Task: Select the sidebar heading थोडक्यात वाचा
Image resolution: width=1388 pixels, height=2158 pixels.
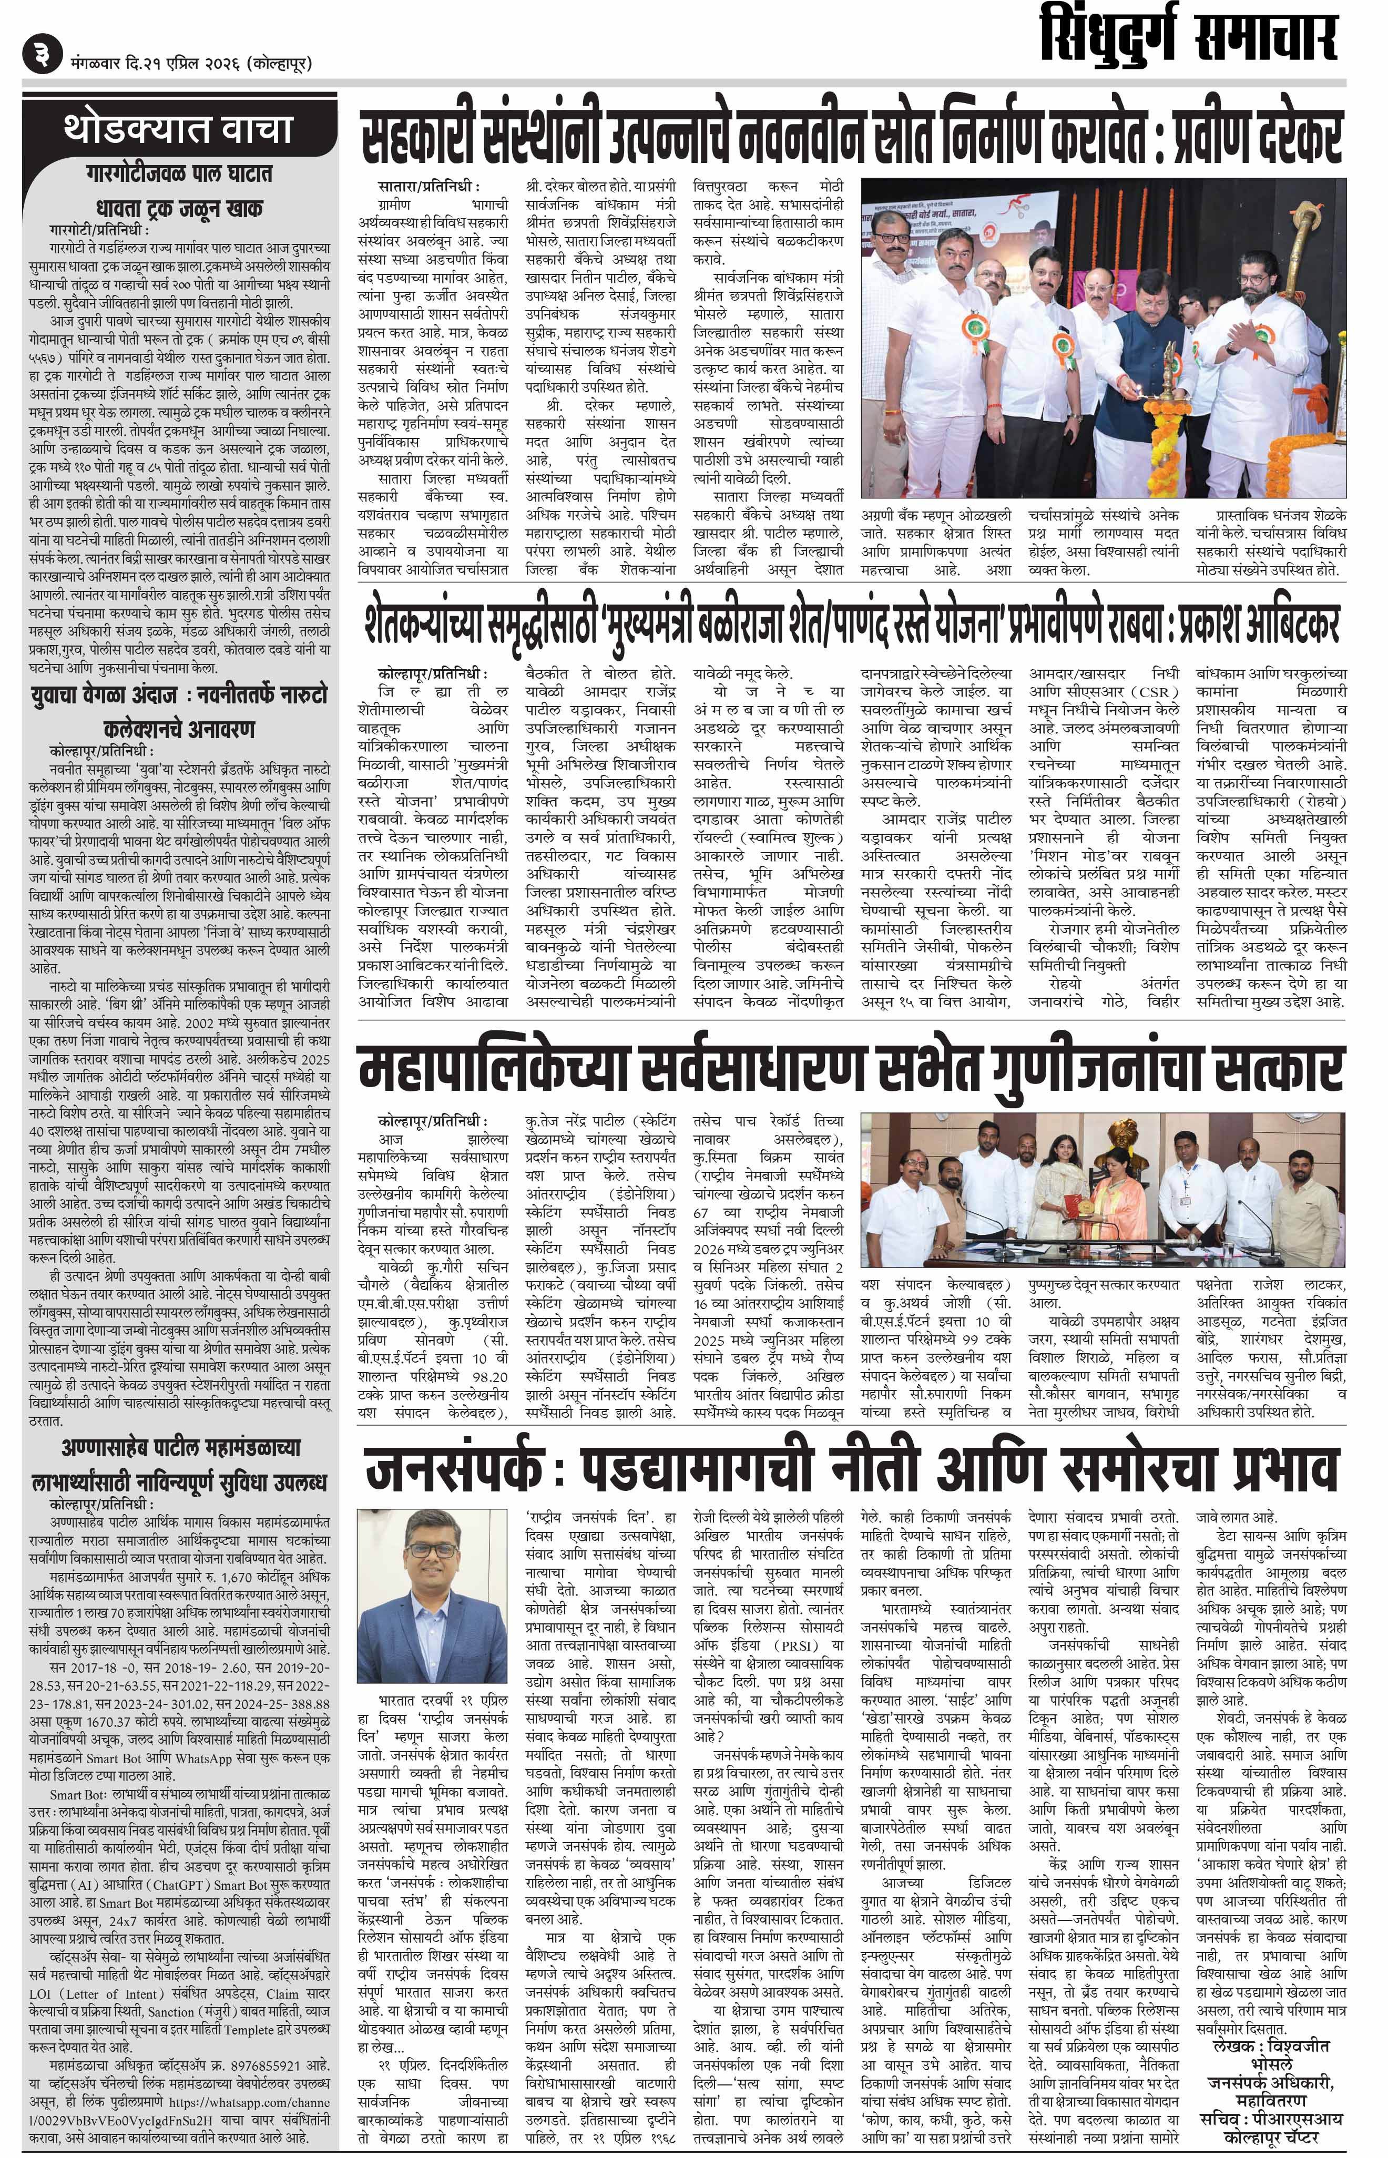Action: click(x=178, y=129)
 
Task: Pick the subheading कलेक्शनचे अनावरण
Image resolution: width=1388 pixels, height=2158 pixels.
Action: click(x=178, y=728)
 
